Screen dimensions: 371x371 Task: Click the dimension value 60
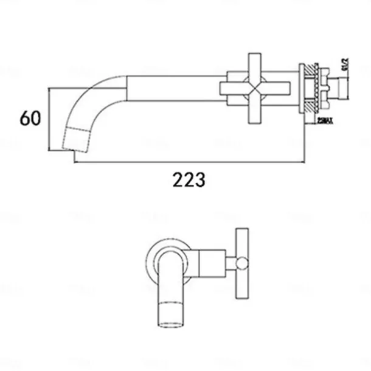pyautogui.click(x=30, y=117)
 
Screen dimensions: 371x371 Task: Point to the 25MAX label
pyautogui.click(x=325, y=122)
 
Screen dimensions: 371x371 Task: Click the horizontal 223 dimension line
pyautogui.click(x=189, y=162)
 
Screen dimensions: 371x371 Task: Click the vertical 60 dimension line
pyautogui.click(x=49, y=119)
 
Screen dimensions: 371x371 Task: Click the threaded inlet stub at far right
pyautogui.click(x=344, y=91)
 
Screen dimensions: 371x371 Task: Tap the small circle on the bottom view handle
pyautogui.click(x=242, y=263)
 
